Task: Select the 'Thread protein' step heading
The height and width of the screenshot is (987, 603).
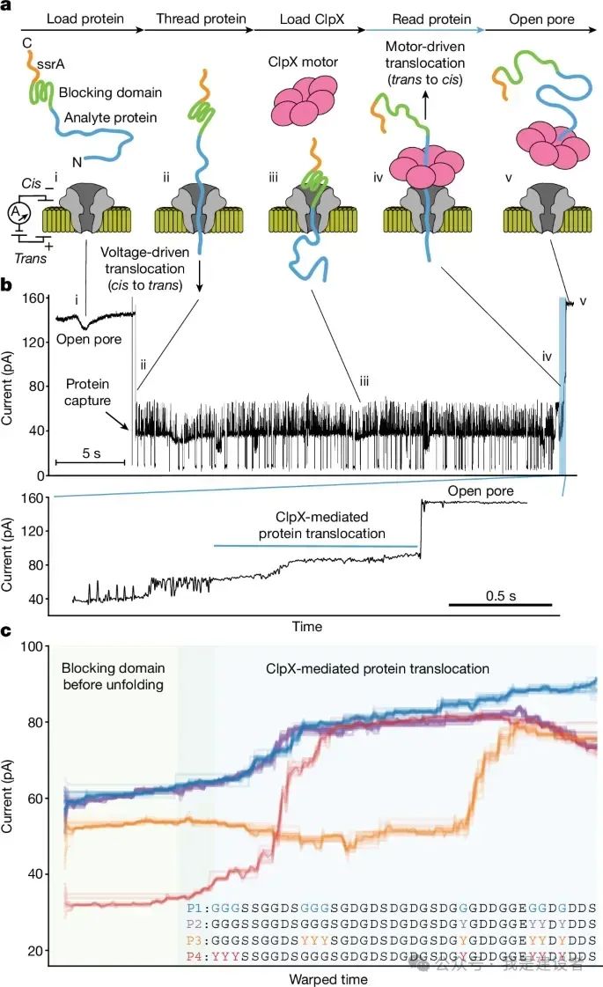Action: [193, 18]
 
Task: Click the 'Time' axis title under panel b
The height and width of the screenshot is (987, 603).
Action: [307, 627]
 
